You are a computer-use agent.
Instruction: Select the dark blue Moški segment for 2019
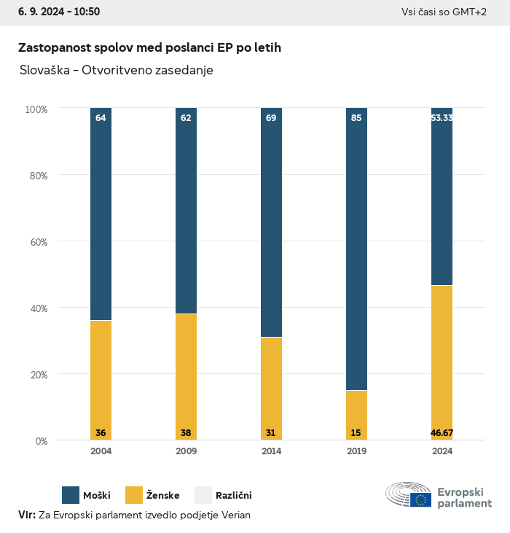[356, 248]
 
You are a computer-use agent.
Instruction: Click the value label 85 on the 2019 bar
[356, 117]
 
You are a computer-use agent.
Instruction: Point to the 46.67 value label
[442, 433]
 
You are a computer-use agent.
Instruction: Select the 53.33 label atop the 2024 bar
[442, 117]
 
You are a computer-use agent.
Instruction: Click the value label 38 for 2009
[186, 433]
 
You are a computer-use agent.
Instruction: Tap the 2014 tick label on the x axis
[271, 451]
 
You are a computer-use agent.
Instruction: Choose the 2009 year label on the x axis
[186, 451]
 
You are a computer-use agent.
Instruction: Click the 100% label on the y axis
[36, 109]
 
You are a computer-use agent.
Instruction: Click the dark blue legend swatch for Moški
[71, 495]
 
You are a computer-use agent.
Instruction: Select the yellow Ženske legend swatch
[134, 495]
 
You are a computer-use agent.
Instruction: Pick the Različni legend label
[233, 496]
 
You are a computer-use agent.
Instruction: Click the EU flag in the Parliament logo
[420, 499]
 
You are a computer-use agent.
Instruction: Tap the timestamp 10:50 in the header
[86, 12]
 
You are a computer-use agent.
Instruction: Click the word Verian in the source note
[235, 515]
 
